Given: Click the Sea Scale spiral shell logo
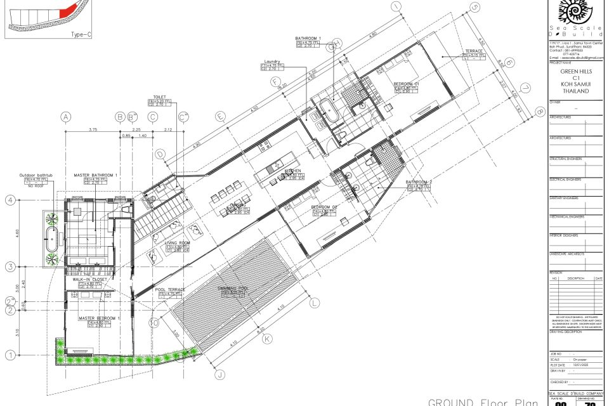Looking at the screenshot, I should pyautogui.click(x=577, y=13).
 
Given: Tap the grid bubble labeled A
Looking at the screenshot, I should pyautogui.click(x=65, y=117).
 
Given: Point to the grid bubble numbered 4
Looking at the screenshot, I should pyautogui.click(x=10, y=200).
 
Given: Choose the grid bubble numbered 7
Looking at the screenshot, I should pyautogui.click(x=525, y=88).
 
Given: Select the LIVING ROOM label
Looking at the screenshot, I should pyautogui.click(x=178, y=243).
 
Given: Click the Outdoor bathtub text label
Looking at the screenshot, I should pyautogui.click(x=36, y=175).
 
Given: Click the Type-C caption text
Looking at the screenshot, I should pyautogui.click(x=81, y=35).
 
